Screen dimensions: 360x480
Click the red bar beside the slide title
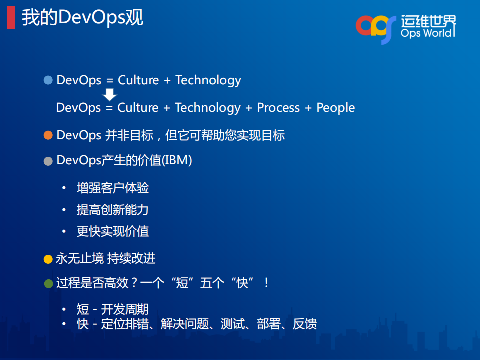tap(10, 18)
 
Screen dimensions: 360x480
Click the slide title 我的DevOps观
tap(82, 18)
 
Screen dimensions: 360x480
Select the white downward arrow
tap(110, 94)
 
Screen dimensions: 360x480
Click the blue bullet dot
tap(48, 80)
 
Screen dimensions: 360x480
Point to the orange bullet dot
tap(48, 135)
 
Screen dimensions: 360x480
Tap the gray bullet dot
tap(48, 161)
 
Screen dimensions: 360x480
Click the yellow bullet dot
tap(48, 259)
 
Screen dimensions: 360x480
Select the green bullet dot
tap(48, 283)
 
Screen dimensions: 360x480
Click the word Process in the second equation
tap(278, 108)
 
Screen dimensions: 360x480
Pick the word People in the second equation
tap(335, 108)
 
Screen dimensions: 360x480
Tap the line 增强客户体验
tap(112, 188)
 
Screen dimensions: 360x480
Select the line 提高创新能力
tap(112, 210)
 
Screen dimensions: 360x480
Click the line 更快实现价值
tap(112, 231)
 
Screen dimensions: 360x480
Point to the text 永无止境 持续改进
tap(106, 259)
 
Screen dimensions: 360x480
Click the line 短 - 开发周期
tap(112, 310)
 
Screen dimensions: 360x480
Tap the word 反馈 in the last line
tap(304, 324)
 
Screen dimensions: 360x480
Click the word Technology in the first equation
tap(208, 80)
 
